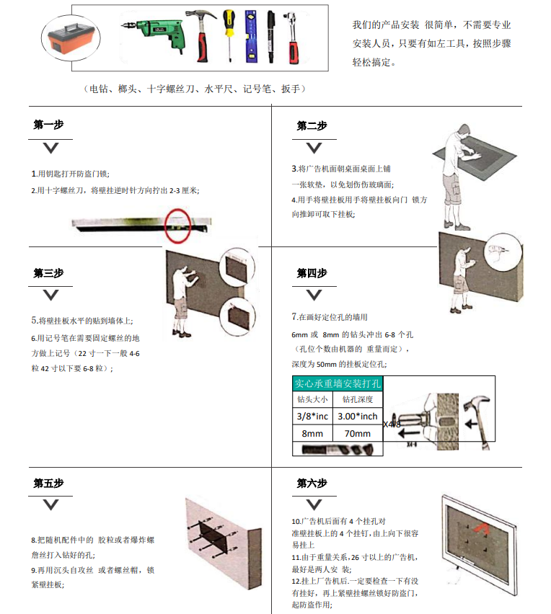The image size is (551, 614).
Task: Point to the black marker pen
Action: click(270, 36)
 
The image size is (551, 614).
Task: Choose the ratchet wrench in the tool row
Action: click(294, 36)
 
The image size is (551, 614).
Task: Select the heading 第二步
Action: click(312, 125)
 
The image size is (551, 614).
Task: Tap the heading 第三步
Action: click(48, 273)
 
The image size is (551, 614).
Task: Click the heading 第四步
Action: click(312, 273)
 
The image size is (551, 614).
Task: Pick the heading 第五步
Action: click(48, 484)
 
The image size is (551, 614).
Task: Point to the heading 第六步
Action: click(312, 484)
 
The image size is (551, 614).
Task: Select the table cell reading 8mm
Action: click(312, 434)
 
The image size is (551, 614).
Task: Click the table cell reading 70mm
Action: click(357, 434)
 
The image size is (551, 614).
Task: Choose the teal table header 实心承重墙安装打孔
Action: click(338, 383)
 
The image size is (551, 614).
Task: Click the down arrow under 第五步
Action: click(50, 505)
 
